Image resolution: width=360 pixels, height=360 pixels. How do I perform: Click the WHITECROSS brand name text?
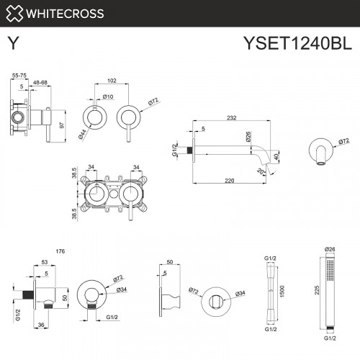(x=66, y=13)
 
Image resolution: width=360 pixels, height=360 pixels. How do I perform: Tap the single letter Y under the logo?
(x=13, y=43)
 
